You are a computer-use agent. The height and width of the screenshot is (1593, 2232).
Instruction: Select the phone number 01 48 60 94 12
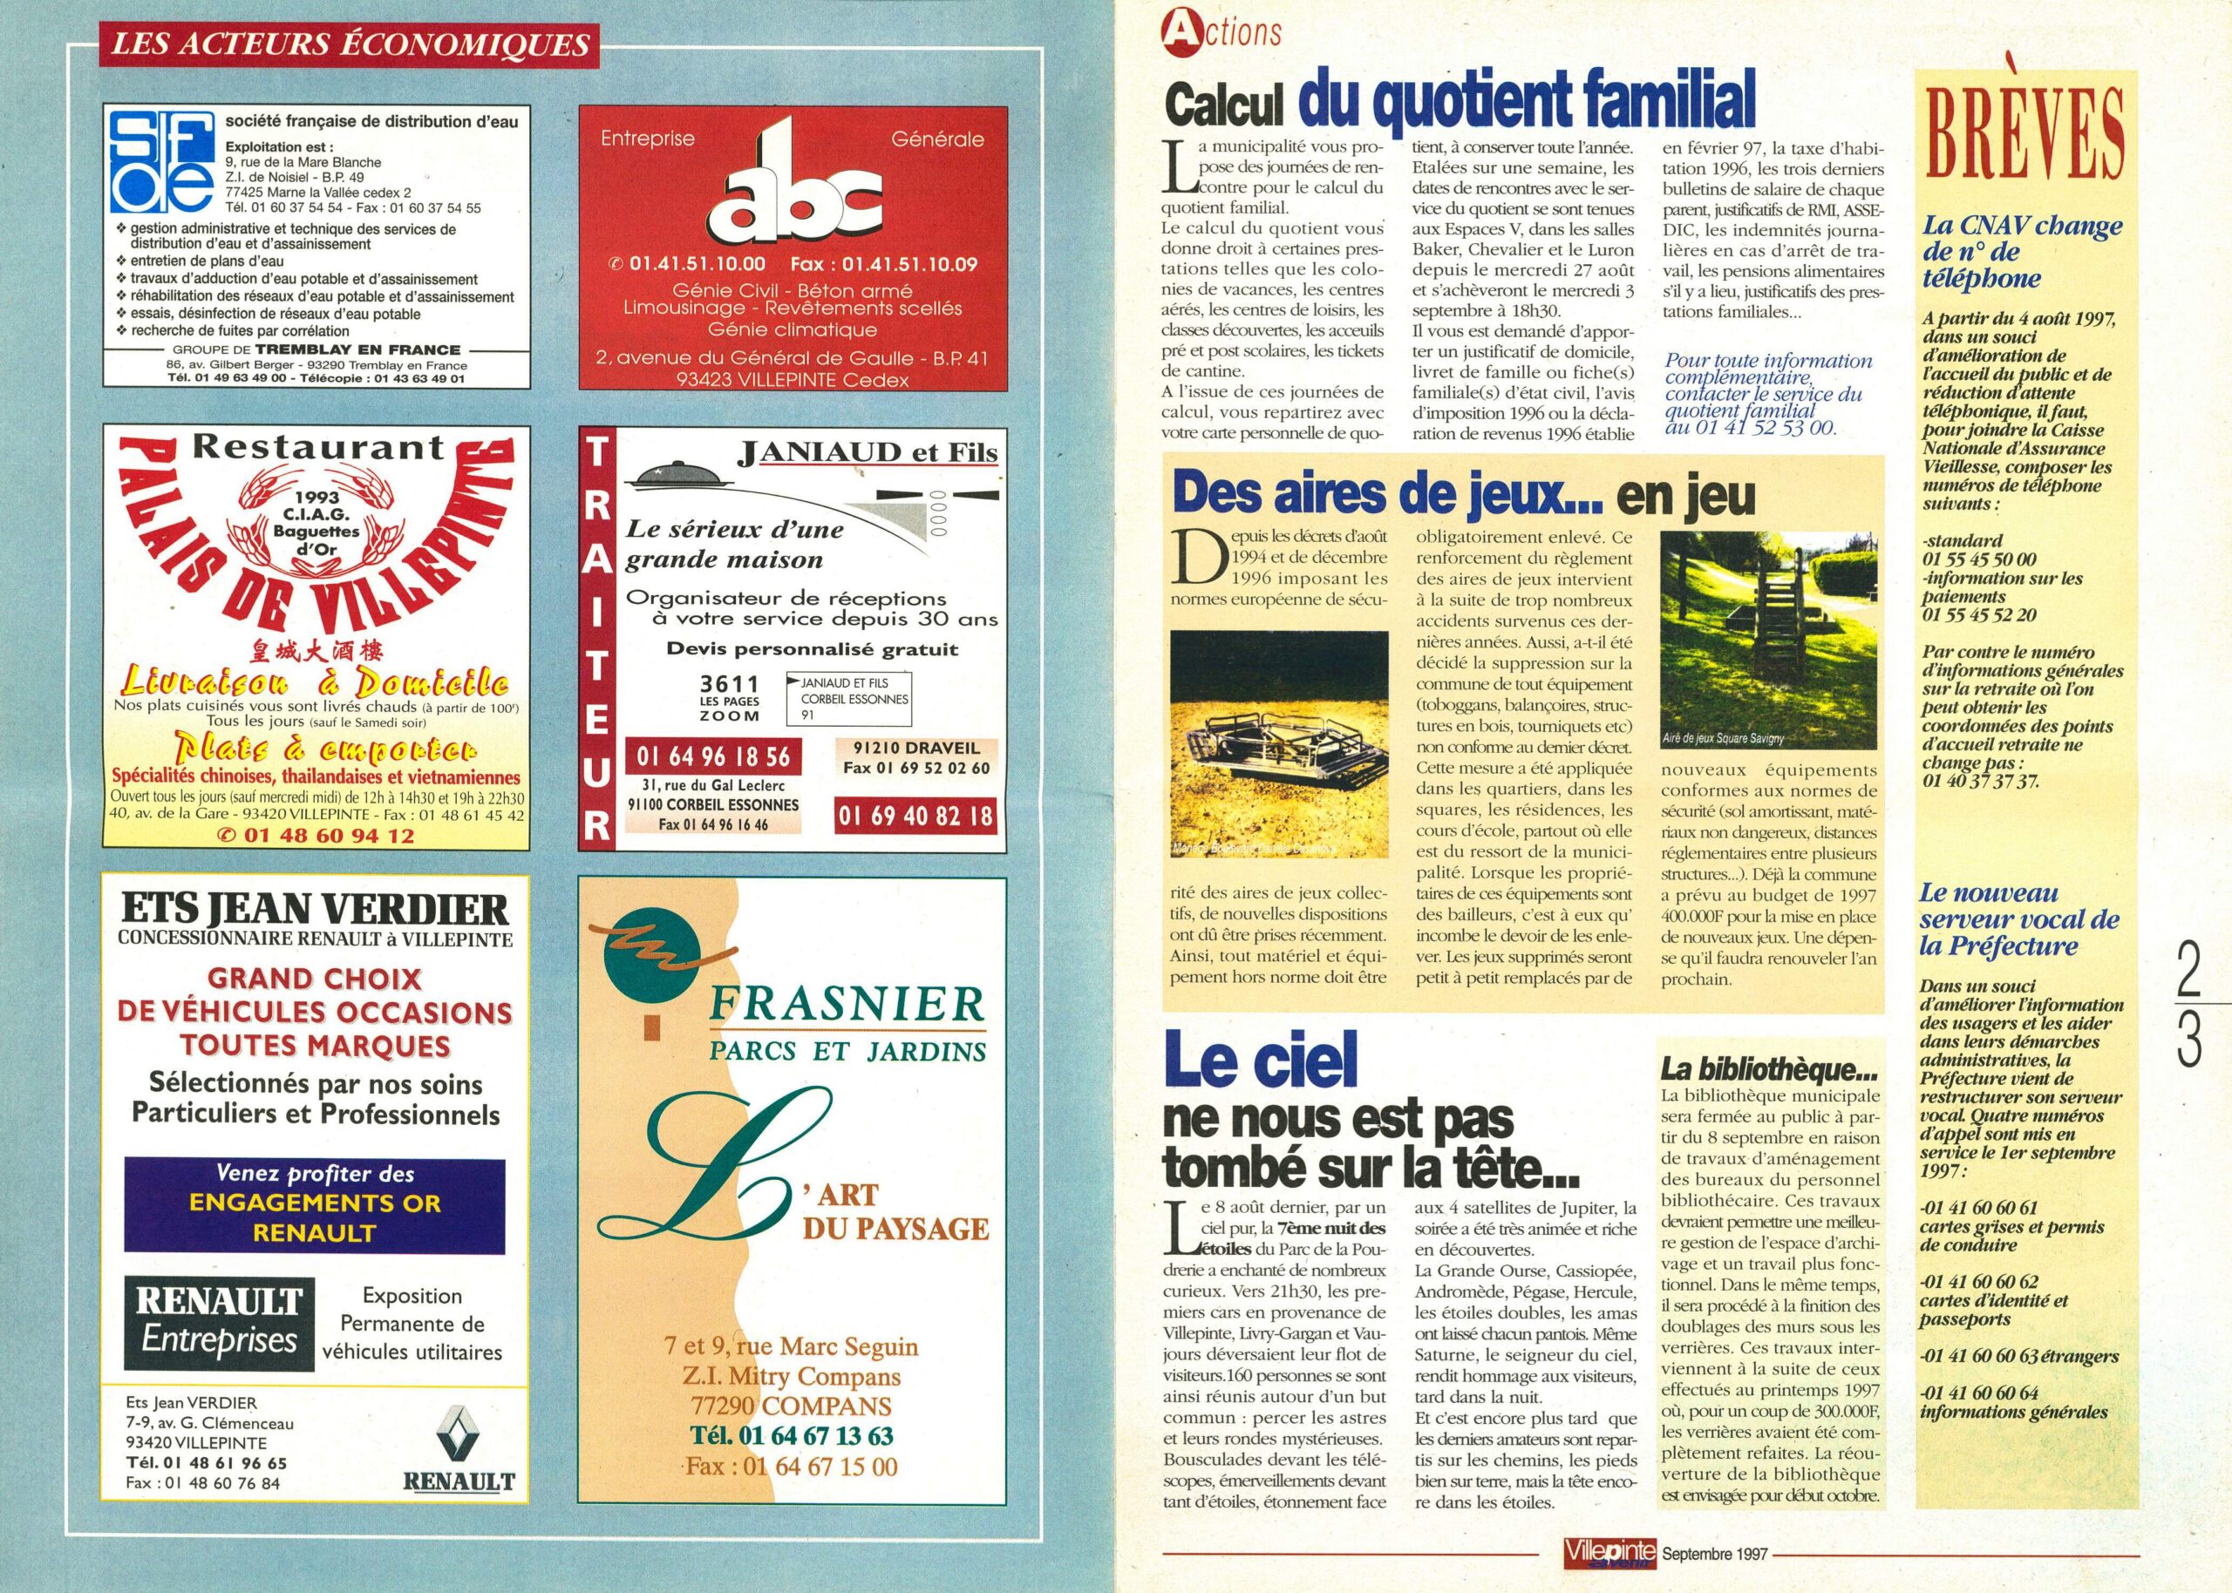[328, 836]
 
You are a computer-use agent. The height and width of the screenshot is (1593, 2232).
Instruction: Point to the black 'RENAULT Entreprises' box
[219, 1322]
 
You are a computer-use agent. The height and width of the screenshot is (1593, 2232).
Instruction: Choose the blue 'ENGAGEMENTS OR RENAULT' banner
[314, 1203]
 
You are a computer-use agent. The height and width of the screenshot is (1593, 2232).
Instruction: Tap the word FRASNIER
[845, 1004]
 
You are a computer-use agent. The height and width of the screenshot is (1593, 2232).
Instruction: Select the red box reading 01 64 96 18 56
[712, 756]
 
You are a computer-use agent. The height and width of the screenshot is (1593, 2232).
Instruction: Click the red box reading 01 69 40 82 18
[916, 815]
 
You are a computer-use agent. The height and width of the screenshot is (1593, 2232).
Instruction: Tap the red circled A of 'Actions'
[1175, 32]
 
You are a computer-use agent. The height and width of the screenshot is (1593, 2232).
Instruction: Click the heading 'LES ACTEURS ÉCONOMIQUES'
[350, 44]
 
